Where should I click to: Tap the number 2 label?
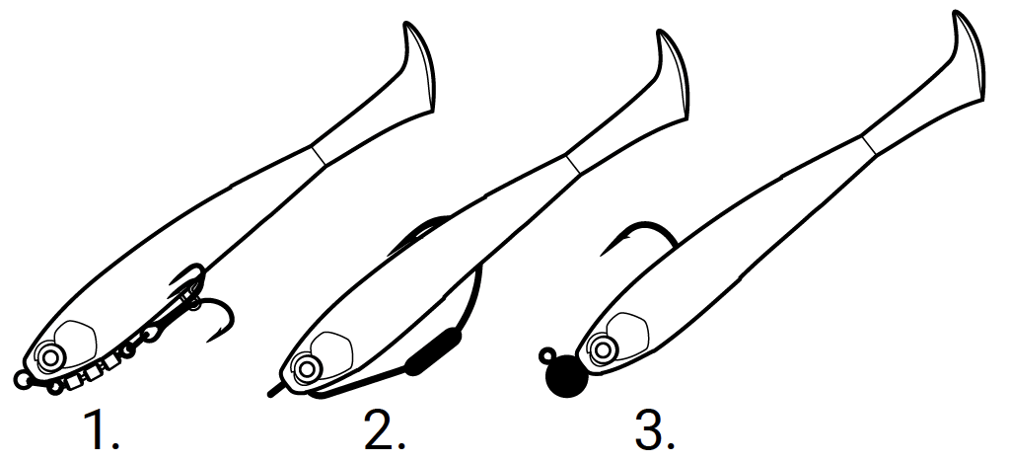(385, 429)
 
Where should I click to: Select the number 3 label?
(655, 429)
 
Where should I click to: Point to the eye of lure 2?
(308, 368)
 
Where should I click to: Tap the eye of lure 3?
(603, 349)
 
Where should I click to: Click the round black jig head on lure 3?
(567, 377)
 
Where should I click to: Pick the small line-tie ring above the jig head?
(547, 353)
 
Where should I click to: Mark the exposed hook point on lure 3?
(602, 255)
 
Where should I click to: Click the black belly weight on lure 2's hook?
(434, 351)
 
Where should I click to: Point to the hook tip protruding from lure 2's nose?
(273, 392)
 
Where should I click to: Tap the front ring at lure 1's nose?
(22, 380)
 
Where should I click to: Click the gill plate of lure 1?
(77, 341)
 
